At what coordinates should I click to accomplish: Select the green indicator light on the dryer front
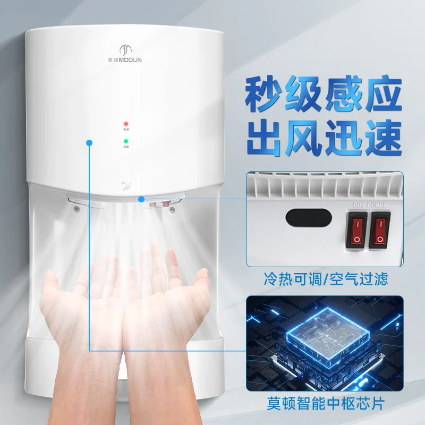coord(126,141)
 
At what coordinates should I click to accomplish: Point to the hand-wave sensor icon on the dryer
coord(126,186)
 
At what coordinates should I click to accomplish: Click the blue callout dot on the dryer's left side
coord(89,142)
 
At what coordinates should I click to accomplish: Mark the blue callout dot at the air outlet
coord(141,199)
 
